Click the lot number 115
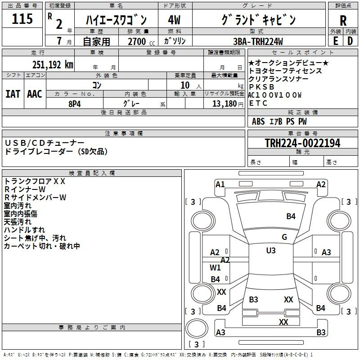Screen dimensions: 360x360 point(22,19)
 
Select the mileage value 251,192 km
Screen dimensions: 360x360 point(53,65)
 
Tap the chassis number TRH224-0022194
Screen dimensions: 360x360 point(302,143)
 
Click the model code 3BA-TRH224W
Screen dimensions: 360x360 point(258,41)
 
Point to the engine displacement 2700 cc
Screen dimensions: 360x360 point(141,41)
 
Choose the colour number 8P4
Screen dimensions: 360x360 point(75,104)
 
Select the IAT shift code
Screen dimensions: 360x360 point(13,94)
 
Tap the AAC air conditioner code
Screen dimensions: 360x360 point(35,94)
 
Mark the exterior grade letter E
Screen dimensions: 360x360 point(336,41)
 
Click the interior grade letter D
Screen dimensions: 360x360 point(350,41)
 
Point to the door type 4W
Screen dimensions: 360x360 point(174,20)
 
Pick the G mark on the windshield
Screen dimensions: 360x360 point(284,237)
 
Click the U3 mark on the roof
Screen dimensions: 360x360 point(271,251)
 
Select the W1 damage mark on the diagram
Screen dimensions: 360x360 point(215,267)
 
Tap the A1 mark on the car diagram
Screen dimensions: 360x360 point(220,184)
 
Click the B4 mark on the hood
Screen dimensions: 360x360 point(291,216)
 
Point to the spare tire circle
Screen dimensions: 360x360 point(197,329)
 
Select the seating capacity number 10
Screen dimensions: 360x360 point(185,85)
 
